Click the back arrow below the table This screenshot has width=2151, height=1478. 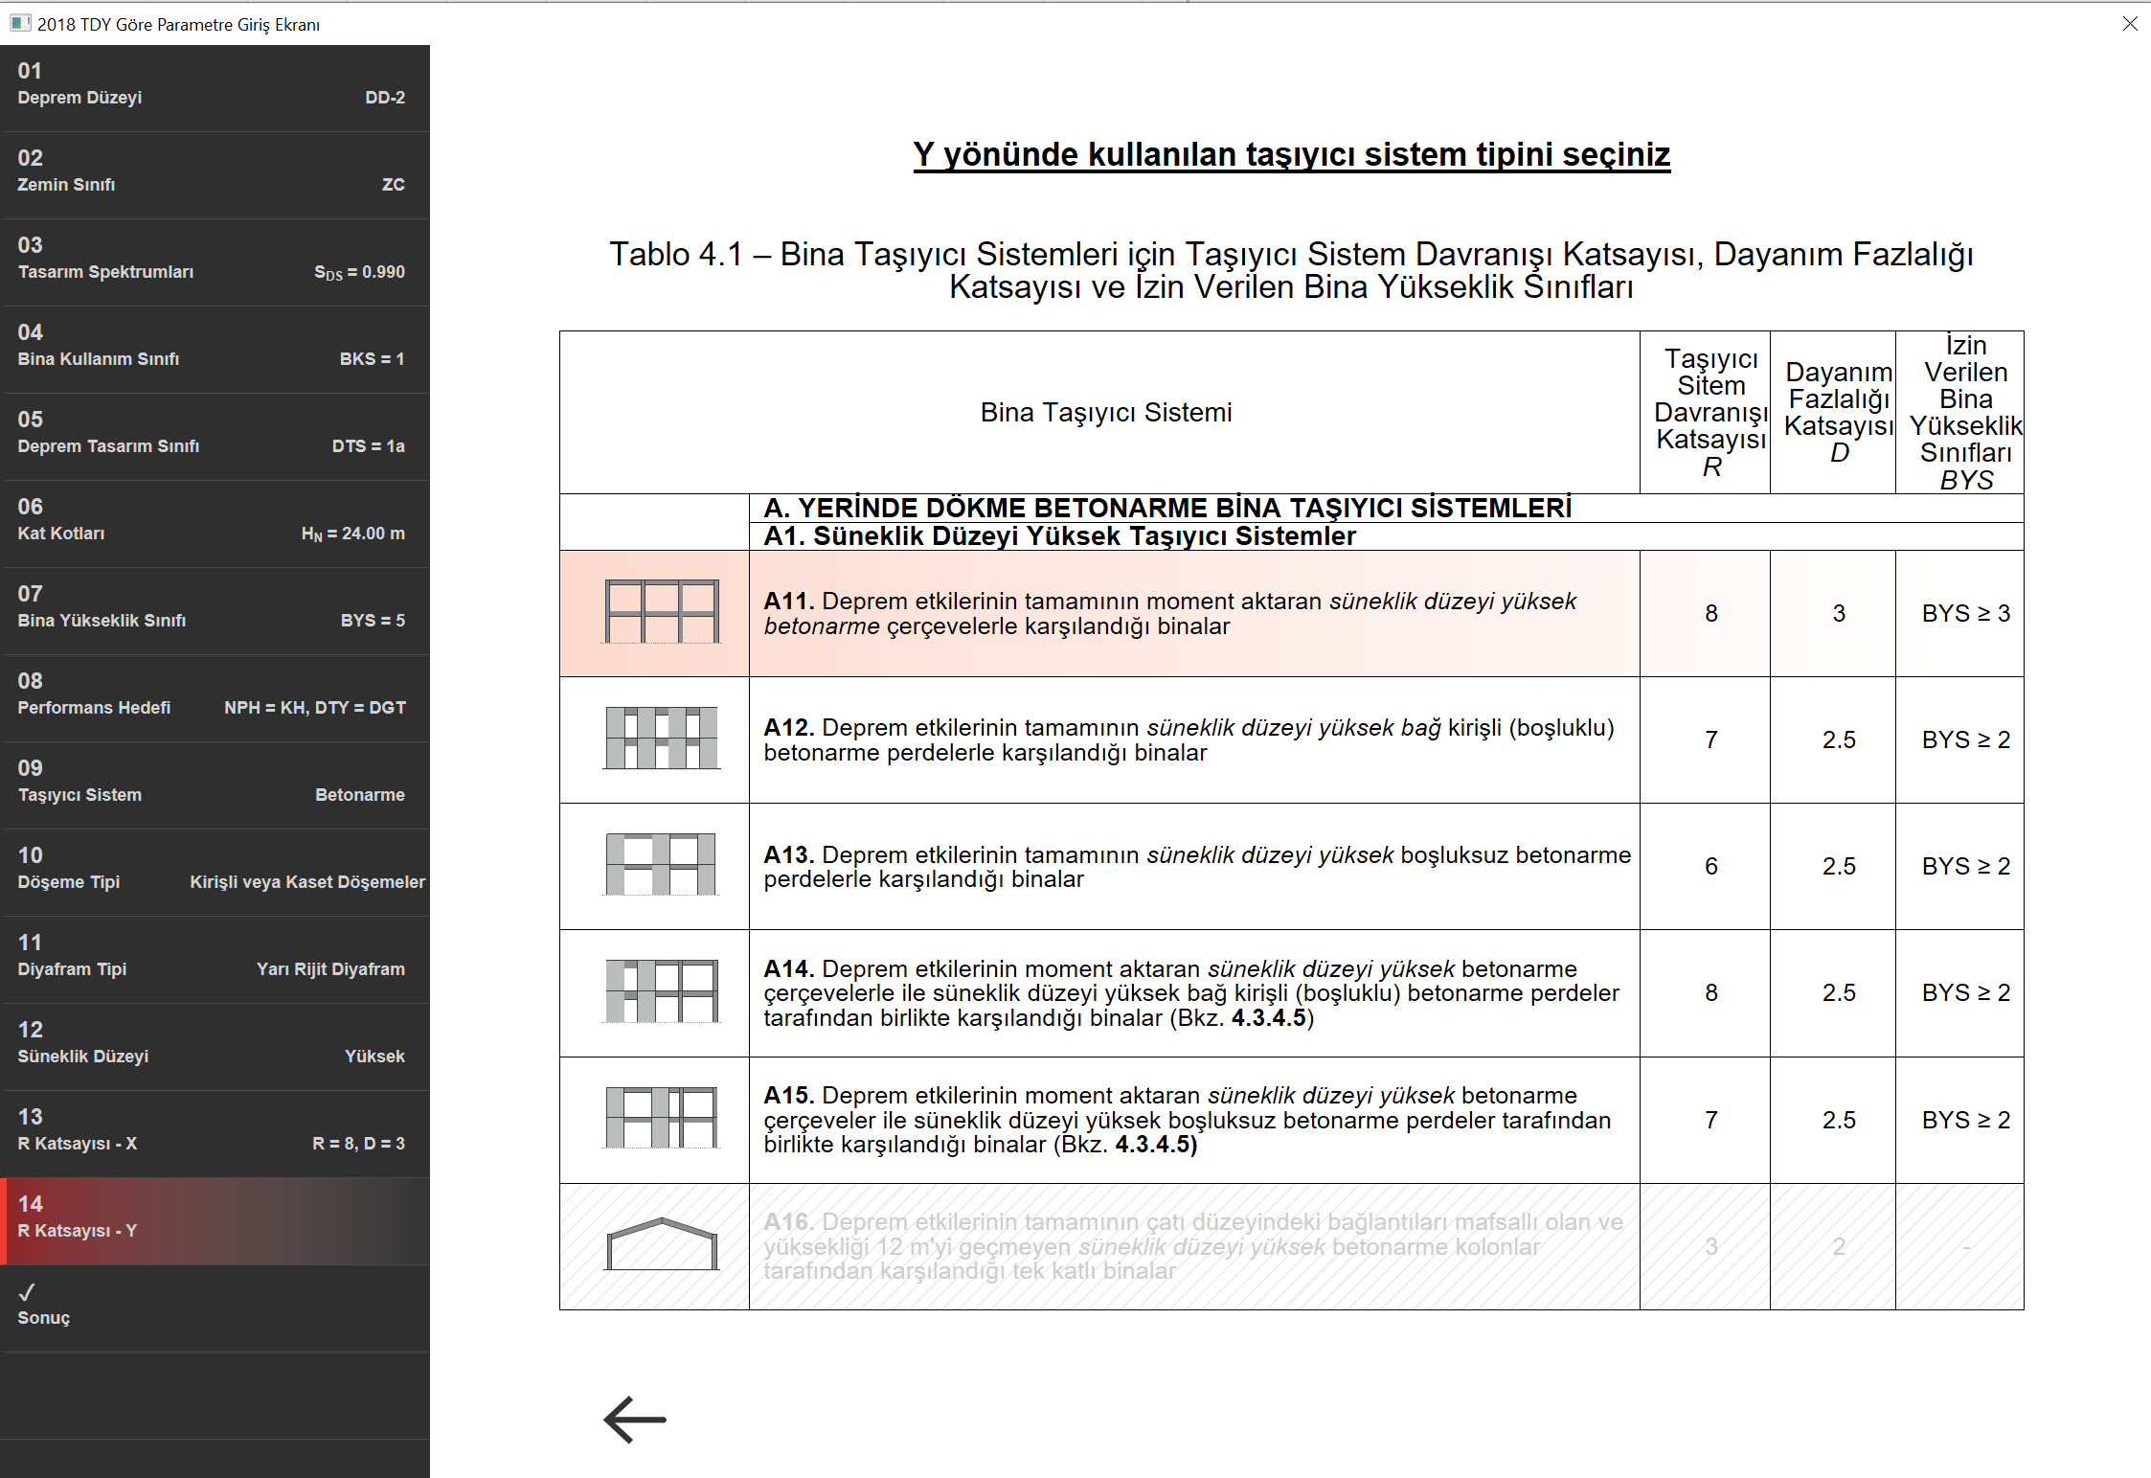634,1419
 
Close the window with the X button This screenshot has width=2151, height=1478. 2129,24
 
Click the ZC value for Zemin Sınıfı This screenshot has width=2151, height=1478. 393,184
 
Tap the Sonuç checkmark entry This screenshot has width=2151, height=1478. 43,1306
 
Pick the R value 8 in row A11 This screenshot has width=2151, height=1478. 1710,613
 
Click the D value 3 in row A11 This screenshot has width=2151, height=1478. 1838,613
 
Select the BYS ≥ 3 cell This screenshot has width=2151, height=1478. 1965,613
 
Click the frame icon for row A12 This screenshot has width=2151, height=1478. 661,739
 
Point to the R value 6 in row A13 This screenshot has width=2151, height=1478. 1710,866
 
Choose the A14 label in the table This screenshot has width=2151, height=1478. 788,968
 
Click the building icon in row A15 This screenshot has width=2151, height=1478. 661,1118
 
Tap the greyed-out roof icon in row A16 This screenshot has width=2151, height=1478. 661,1245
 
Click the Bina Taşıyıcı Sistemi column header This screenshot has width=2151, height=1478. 1105,412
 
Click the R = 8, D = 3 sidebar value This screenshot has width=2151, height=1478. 358,1143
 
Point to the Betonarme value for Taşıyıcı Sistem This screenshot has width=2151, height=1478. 359,794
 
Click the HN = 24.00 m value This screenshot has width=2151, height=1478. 352,533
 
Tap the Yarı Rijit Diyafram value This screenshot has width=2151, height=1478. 330,968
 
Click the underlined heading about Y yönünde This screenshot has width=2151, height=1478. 1291,154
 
